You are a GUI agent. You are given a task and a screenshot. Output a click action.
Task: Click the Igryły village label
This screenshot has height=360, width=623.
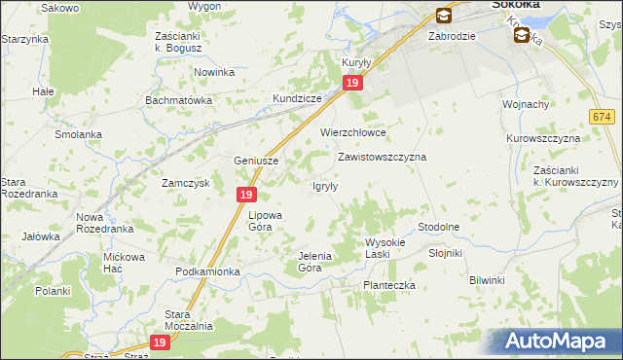tap(324, 187)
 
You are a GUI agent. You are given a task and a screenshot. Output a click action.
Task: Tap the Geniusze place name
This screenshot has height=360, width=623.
tap(257, 162)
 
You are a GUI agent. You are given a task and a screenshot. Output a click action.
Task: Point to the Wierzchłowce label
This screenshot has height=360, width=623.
tap(354, 132)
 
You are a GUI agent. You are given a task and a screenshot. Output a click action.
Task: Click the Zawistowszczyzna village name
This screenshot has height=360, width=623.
tap(383, 156)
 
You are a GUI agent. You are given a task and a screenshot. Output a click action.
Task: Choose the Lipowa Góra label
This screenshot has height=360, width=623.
tap(265, 221)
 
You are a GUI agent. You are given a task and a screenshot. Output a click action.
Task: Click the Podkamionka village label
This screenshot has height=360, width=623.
tap(207, 271)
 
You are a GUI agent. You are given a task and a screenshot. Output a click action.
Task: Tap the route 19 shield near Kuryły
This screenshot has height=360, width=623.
tap(353, 85)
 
